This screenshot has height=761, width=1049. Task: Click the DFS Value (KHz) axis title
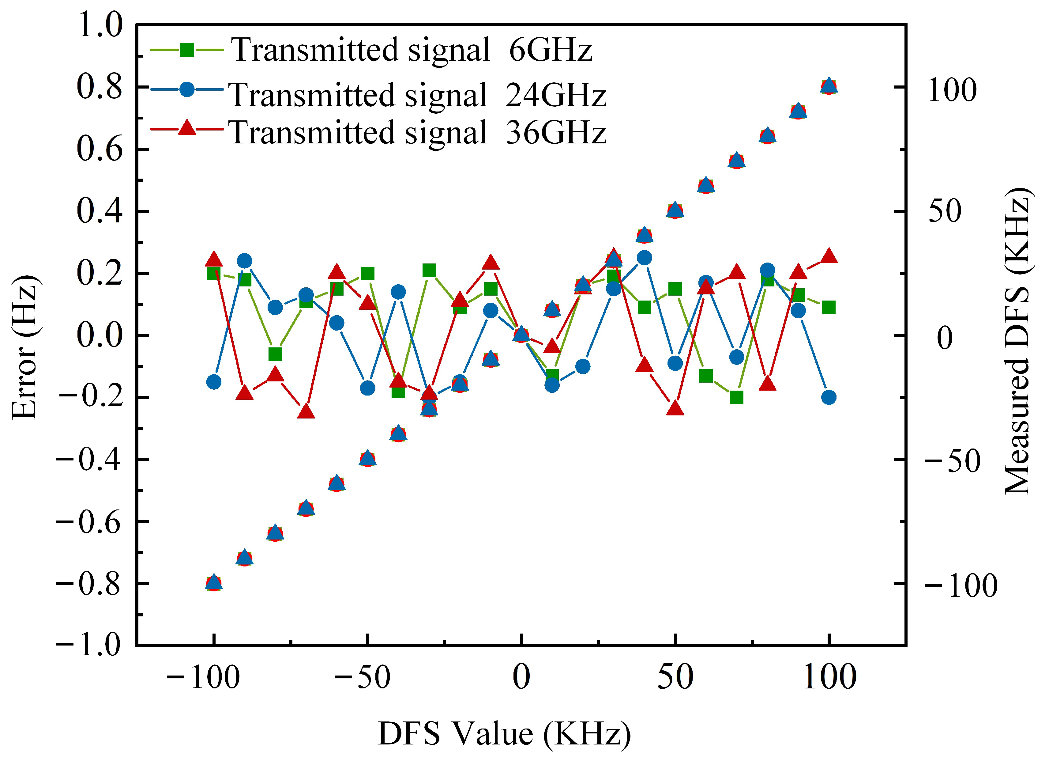pyautogui.click(x=504, y=734)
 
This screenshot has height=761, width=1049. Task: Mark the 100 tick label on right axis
pyautogui.click(x=952, y=90)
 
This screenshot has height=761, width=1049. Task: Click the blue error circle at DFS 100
pyautogui.click(x=829, y=397)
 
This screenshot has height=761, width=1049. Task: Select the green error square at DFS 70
pyautogui.click(x=736, y=397)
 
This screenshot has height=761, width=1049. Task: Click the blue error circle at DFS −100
pyautogui.click(x=213, y=382)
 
